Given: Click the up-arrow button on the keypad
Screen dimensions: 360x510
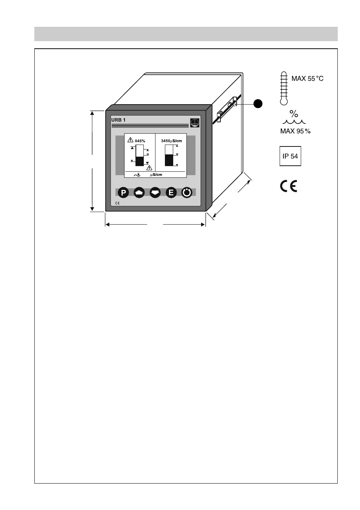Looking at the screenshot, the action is [139, 193].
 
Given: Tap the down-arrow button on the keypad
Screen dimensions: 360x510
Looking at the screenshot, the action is [155, 193].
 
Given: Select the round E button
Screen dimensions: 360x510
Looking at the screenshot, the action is [171, 193].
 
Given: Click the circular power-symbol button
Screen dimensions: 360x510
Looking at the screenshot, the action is [187, 193].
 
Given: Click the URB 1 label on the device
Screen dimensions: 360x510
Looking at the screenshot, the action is [118, 120].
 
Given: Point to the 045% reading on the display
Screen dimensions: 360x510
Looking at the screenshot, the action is [140, 141].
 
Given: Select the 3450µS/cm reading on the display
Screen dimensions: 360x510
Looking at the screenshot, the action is [171, 141].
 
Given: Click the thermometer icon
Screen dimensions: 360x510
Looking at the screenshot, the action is [283, 88].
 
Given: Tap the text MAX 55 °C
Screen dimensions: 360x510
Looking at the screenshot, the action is [308, 79].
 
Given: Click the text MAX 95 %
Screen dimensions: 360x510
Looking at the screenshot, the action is [295, 131].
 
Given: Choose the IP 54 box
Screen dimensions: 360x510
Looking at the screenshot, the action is [290, 156].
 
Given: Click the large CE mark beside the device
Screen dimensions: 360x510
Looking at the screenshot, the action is [289, 186].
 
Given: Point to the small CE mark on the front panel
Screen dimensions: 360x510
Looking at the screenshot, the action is [117, 203].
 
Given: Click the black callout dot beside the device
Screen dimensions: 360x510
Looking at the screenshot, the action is [258, 103].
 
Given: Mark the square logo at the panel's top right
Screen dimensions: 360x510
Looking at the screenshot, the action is [195, 123].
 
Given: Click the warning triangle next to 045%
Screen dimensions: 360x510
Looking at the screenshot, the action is [131, 140].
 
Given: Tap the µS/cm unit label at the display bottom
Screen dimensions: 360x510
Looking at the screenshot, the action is [156, 175].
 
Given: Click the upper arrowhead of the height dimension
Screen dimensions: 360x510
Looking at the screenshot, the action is [92, 113].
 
